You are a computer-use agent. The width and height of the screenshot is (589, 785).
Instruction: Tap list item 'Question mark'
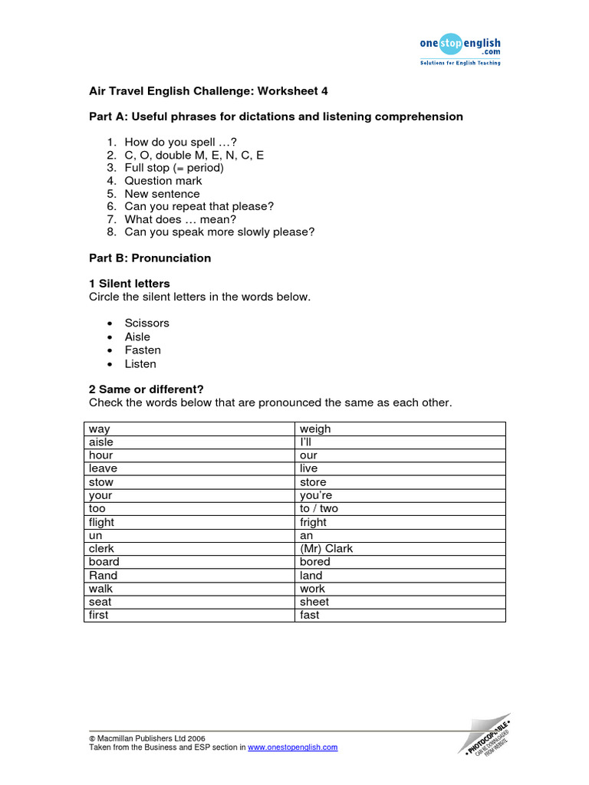(163, 181)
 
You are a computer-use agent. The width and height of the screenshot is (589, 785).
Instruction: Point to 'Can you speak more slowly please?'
(219, 232)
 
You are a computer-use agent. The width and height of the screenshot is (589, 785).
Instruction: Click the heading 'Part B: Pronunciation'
(150, 258)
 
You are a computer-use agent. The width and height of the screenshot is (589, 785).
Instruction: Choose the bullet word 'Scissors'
(147, 324)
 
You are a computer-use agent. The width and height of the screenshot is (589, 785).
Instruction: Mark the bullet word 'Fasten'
(143, 350)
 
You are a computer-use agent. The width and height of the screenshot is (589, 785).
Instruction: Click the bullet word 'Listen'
(140, 364)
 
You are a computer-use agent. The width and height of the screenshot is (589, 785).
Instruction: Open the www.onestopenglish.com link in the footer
(292, 747)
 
